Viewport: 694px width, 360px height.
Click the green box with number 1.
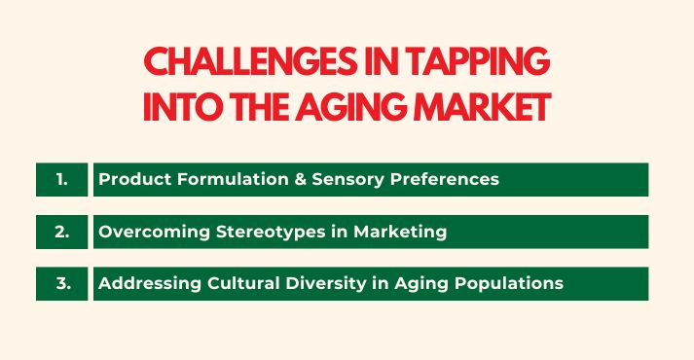click(x=61, y=179)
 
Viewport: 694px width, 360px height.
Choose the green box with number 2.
click(x=61, y=232)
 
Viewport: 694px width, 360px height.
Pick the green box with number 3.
click(x=61, y=283)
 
